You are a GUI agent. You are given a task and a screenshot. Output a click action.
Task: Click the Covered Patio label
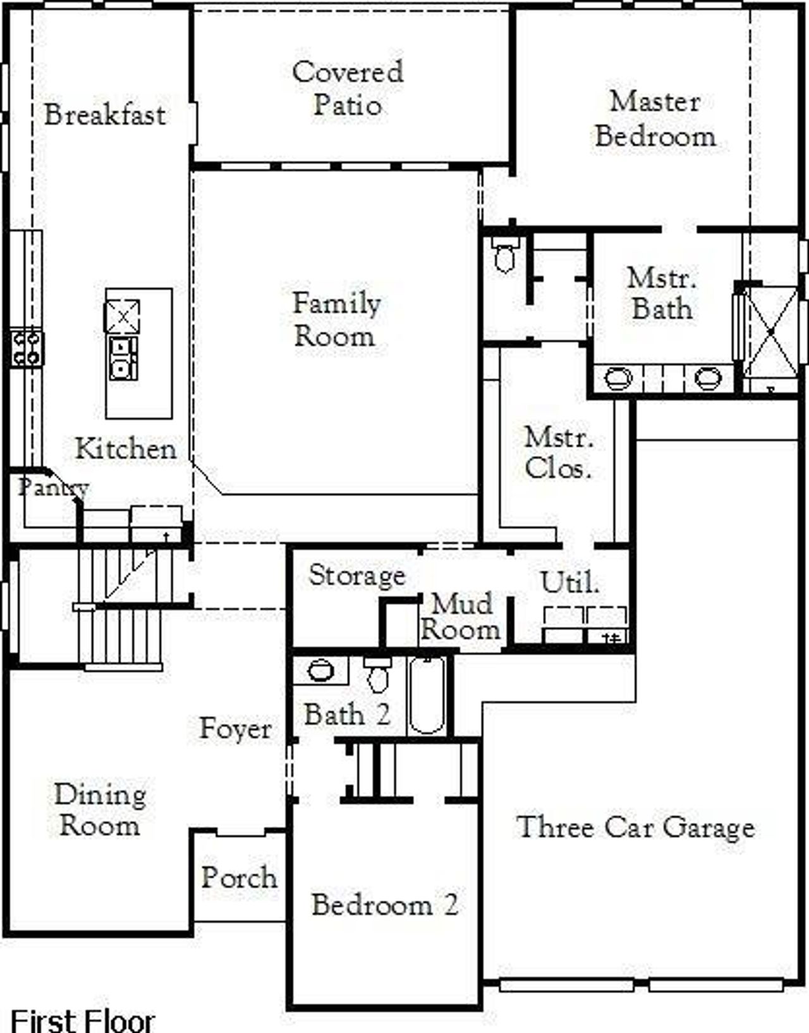click(x=347, y=88)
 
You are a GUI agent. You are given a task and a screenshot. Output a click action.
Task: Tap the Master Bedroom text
click(x=655, y=119)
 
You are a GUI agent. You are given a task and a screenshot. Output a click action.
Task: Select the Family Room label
click(x=336, y=319)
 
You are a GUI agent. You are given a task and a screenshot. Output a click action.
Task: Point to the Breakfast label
click(x=105, y=114)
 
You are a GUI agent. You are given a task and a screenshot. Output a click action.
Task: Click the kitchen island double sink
click(x=123, y=358)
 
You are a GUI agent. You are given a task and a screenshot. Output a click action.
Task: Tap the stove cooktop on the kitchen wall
click(x=26, y=349)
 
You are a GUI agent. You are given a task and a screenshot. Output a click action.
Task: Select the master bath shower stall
click(x=771, y=331)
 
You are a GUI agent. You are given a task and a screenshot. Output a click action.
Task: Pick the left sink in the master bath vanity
click(x=617, y=379)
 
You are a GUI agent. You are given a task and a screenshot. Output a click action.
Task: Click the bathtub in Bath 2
click(x=427, y=695)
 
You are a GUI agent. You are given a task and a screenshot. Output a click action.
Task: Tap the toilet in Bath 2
click(x=378, y=675)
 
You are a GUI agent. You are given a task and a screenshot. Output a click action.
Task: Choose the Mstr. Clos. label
click(x=558, y=452)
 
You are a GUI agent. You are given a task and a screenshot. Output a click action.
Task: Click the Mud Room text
click(x=461, y=617)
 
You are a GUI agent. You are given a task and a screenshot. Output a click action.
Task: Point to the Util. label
click(x=569, y=582)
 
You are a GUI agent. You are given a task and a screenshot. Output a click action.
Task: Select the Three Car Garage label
click(x=635, y=827)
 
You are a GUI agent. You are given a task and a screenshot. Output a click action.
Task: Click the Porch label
click(x=239, y=877)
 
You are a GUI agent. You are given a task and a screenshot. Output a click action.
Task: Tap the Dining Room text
click(x=100, y=810)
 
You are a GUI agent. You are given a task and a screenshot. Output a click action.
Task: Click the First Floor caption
click(x=83, y=1020)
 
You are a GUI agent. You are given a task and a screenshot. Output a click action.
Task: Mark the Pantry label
click(x=53, y=487)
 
